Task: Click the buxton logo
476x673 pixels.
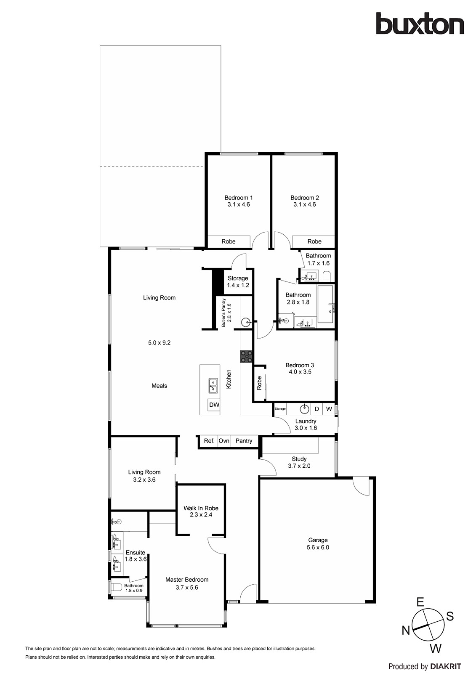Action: [x=420, y=24]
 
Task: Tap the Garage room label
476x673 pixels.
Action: [x=318, y=543]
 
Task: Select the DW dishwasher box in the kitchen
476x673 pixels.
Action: [x=214, y=405]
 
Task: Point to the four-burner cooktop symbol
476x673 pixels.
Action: [x=246, y=357]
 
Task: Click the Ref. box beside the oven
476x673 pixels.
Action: [x=209, y=441]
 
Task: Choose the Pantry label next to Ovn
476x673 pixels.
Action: [x=244, y=441]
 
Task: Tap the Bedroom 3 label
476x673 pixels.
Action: [x=300, y=368]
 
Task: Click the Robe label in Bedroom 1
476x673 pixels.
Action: [x=229, y=241]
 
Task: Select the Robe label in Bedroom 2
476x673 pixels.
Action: [x=314, y=241]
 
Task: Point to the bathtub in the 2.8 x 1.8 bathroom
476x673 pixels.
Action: [x=325, y=305]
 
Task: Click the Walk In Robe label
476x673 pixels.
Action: [x=201, y=511]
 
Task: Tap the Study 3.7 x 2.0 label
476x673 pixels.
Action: [x=299, y=462]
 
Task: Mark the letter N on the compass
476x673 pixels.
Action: [x=406, y=630]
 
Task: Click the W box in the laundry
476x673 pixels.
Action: [x=329, y=409]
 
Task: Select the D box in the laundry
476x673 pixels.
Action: [x=317, y=409]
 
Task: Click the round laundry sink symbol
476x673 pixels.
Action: [x=304, y=409]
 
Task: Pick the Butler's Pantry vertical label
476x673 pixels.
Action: [x=226, y=313]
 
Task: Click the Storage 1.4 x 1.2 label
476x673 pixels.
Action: [x=238, y=281]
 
